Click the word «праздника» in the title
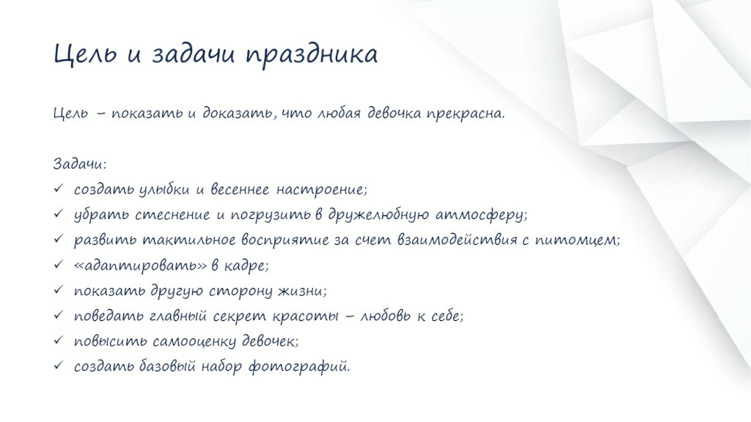(x=312, y=54)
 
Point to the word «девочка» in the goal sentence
(x=394, y=114)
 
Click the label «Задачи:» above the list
(x=79, y=163)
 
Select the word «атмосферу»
(x=480, y=215)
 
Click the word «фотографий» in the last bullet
(x=299, y=367)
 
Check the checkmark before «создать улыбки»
(x=59, y=188)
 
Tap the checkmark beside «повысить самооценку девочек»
(x=59, y=340)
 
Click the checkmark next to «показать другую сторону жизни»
(x=59, y=289)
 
